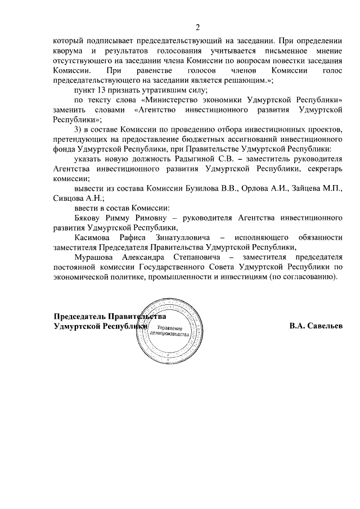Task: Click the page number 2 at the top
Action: (x=197, y=28)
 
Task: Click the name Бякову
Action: (x=89, y=218)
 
